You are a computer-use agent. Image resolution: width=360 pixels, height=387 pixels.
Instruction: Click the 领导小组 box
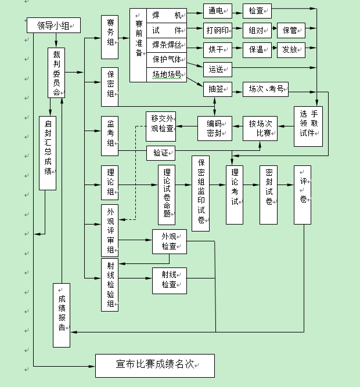tap(53, 26)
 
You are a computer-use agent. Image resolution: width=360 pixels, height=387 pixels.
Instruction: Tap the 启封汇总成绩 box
tap(48, 153)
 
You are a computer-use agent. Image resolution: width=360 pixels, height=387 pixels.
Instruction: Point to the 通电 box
tap(217, 11)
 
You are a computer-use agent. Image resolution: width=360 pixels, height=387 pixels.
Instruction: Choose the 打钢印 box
tap(217, 30)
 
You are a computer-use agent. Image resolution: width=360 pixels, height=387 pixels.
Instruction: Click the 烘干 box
tap(217, 49)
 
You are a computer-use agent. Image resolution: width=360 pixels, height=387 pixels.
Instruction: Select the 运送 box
tap(217, 70)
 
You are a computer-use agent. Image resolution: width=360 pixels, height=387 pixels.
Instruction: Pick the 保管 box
tap(291, 30)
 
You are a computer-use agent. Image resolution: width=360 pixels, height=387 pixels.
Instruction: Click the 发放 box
tap(291, 49)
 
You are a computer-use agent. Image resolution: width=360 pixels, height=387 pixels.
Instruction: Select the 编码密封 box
tap(214, 128)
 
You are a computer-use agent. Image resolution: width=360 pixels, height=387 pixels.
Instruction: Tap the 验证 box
tap(161, 153)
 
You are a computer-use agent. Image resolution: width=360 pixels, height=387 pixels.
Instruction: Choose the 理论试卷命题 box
tap(167, 195)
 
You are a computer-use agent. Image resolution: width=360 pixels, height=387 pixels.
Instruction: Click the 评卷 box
tap(303, 195)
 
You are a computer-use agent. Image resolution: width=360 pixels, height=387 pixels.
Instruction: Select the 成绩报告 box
tap(62, 315)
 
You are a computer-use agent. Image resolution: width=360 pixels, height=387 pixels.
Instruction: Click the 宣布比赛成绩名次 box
tap(155, 366)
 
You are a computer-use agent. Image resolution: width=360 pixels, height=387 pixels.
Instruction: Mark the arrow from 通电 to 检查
tap(237, 11)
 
